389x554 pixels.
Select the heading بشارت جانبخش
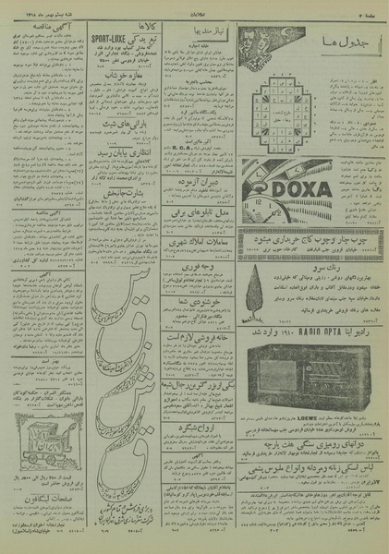[x=113, y=191]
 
